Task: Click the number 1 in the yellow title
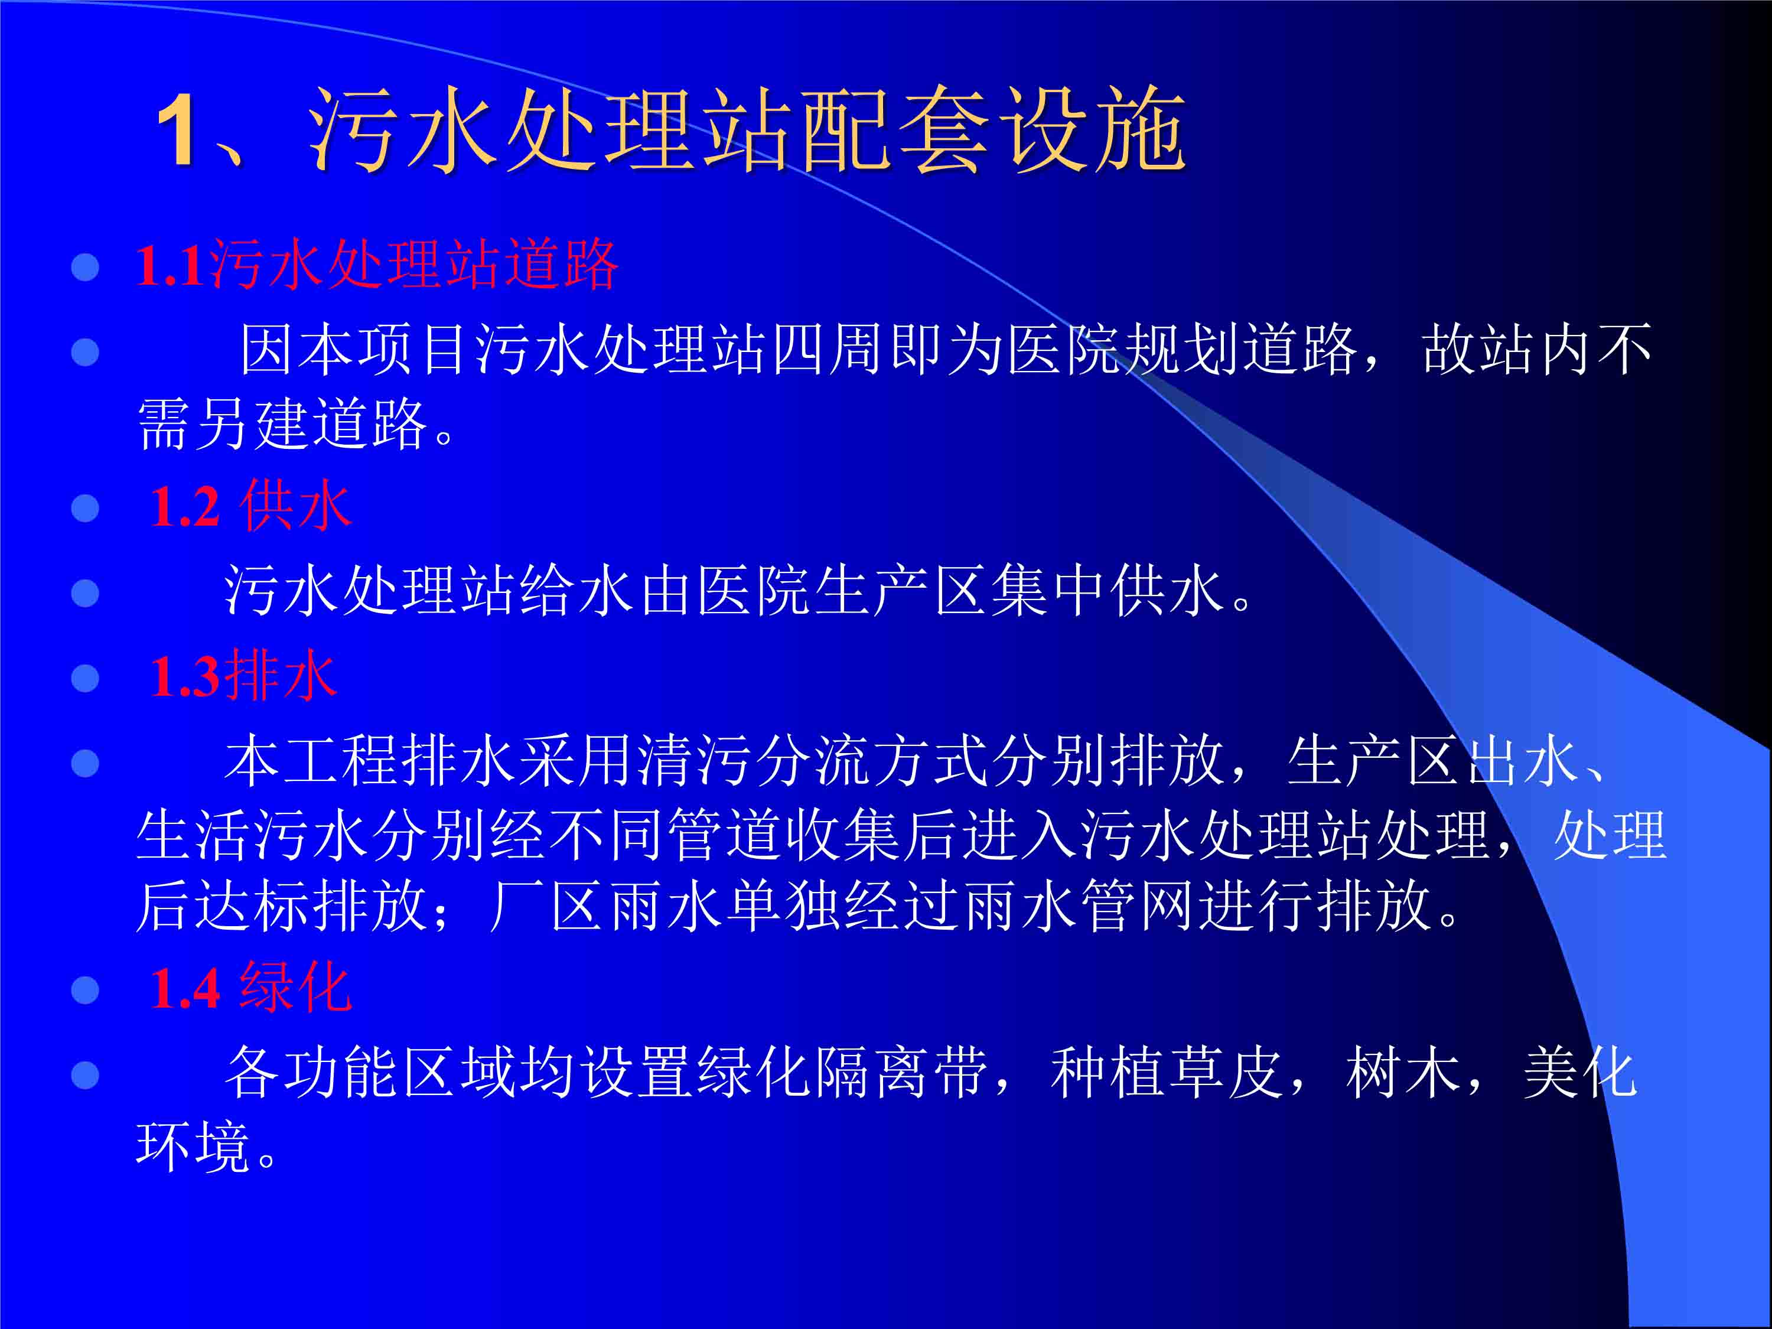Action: coord(175,130)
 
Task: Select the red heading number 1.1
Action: coord(169,266)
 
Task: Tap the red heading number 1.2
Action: coord(185,507)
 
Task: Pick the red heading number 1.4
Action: coord(185,989)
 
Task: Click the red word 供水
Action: coord(295,506)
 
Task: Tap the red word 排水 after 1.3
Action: coord(281,677)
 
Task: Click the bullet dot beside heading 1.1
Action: coord(85,268)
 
